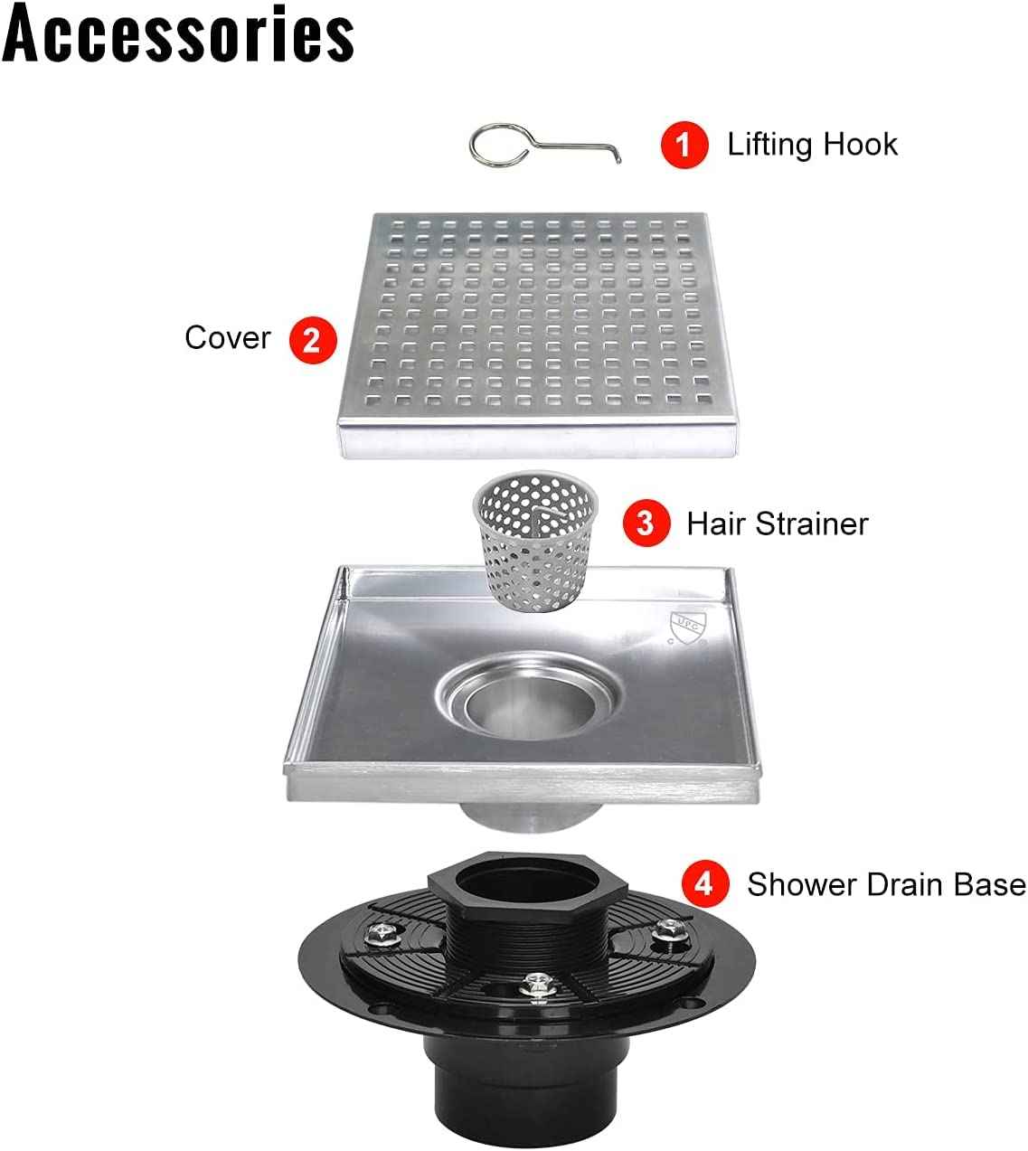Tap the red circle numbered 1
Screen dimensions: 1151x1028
click(x=684, y=145)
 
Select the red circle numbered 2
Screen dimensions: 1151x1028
click(x=312, y=340)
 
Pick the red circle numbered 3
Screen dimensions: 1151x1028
click(x=646, y=524)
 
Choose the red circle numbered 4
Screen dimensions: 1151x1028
click(x=704, y=883)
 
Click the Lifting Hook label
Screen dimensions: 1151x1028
click(x=812, y=145)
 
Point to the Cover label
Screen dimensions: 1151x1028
click(x=227, y=338)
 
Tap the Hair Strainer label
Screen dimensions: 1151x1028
click(x=777, y=524)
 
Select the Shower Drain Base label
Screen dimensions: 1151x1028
click(x=886, y=884)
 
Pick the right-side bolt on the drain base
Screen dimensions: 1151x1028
click(x=669, y=929)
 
